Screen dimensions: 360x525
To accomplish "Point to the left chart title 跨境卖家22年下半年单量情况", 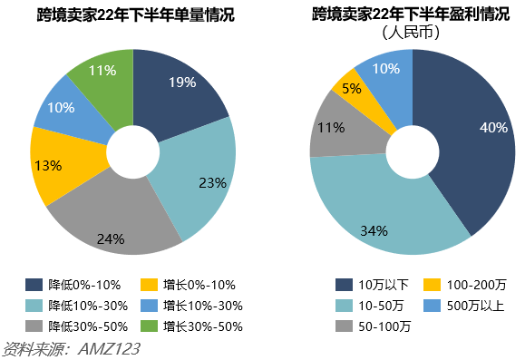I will click(131, 15).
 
